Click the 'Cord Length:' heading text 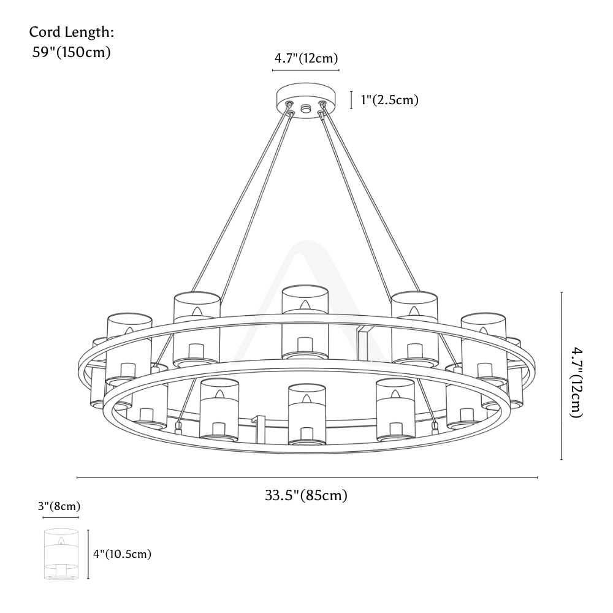(72, 32)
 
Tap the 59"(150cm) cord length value (72, 52)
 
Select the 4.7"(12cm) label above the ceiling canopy (306, 58)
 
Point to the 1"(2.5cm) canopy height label (389, 100)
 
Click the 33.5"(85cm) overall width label (306, 495)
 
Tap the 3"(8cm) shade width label (59, 506)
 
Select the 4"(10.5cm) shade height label (122, 554)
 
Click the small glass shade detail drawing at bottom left (61, 554)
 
